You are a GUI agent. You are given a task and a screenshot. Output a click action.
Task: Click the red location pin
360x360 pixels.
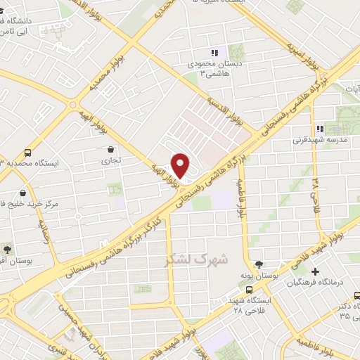coord(181,165)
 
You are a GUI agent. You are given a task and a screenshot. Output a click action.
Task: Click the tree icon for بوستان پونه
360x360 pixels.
coord(259,264)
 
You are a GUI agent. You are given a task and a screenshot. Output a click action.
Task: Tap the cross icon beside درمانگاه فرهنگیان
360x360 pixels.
coord(315,271)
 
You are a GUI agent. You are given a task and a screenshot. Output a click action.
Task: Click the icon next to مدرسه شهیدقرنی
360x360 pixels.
coord(320,129)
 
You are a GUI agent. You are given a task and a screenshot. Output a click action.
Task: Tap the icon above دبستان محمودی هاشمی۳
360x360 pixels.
coord(214,53)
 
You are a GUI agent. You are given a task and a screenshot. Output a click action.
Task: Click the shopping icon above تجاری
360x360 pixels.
coord(111,149)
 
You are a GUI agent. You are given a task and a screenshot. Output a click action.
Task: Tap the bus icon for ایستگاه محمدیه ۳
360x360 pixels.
coord(27,152)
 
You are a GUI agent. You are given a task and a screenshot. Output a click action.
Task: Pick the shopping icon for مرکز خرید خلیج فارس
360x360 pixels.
coord(23,192)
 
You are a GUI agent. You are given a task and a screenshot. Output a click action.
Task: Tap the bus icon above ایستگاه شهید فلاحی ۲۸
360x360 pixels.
coord(249,288)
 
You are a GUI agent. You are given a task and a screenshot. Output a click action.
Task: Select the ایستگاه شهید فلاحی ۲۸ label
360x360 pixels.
coord(249,305)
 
